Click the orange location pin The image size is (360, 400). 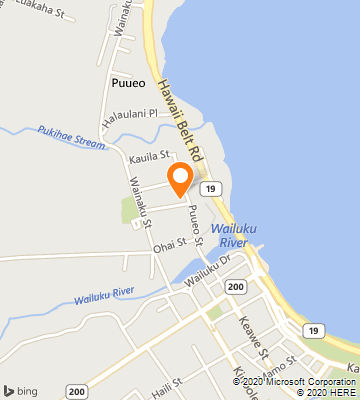[x=180, y=178]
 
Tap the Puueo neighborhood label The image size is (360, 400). [x=129, y=83]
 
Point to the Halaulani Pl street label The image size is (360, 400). [x=127, y=114]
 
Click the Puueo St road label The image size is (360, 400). [x=196, y=226]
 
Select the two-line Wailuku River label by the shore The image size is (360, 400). [x=236, y=235]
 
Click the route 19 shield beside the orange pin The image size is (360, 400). [x=208, y=187]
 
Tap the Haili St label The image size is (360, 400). [x=168, y=381]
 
